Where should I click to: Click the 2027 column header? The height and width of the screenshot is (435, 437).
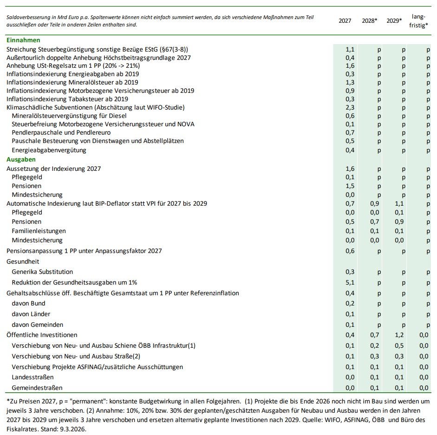tap(345, 21)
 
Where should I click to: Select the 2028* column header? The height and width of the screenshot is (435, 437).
tap(370, 21)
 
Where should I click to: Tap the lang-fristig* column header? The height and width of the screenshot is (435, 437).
tap(419, 21)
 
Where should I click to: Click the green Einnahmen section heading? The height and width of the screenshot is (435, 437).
tap(23, 40)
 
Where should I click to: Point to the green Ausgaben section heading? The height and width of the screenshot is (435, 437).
tap(21, 159)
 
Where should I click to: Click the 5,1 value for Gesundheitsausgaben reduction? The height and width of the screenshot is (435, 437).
tap(350, 282)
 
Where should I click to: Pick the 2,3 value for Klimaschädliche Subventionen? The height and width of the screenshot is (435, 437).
tap(350, 107)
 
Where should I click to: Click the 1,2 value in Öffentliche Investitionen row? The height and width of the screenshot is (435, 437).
tap(399, 335)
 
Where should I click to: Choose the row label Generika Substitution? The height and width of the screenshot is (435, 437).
tap(42, 272)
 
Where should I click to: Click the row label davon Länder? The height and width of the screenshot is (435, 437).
tap(31, 314)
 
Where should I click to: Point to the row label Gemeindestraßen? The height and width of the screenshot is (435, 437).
tap(37, 387)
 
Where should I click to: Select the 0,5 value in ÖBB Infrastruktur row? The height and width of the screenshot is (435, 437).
tap(399, 345)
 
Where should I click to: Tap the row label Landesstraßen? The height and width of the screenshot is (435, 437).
tap(33, 377)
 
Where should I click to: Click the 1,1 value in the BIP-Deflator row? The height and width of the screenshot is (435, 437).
tap(399, 203)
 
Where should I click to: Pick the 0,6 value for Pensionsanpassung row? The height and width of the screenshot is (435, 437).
tap(350, 251)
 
